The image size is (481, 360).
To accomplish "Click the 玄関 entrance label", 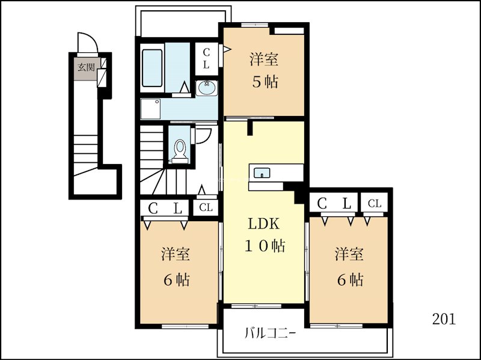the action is point(86,67).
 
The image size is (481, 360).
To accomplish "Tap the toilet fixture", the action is point(179,151).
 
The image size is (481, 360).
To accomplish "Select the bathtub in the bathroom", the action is point(152,68).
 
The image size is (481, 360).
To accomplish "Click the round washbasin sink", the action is point(206,88).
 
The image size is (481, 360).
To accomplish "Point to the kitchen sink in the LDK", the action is point(262,172).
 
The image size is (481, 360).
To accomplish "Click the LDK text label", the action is point(263,224).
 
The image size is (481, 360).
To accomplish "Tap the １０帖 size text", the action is point(265,246).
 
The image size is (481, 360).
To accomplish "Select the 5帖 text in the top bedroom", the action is point(265,82).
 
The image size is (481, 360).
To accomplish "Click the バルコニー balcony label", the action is point(270,333).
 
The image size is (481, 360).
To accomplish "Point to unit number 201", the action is point(444,319).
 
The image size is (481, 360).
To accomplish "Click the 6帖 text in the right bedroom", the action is point(351,279).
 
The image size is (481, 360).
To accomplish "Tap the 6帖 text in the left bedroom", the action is point(176,279).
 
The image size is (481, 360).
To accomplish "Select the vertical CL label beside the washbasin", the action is point(206,58).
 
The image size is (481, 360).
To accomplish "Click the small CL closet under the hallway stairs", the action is point(206,207).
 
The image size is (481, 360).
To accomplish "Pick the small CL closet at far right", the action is point(375,203).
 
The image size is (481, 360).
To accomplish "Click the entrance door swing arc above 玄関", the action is point(88,42).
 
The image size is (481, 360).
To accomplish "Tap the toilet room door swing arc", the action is point(203,136).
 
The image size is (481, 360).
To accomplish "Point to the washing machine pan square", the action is point(150,109).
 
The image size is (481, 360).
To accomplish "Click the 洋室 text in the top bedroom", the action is point(264,59).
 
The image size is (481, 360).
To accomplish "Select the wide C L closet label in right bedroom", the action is point(334,203).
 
